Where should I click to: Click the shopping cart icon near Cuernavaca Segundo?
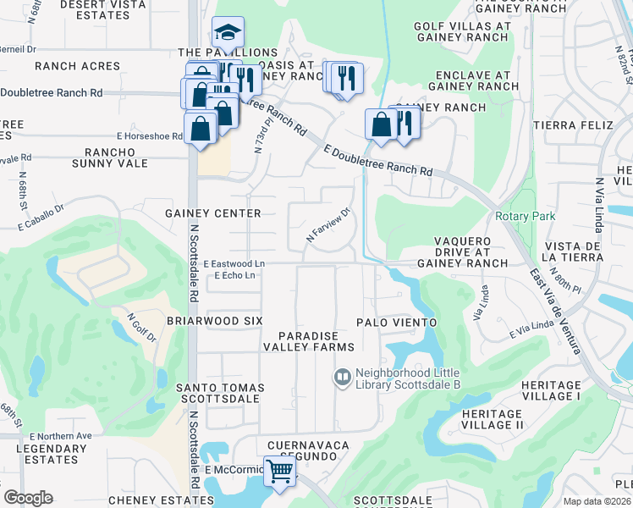pos(279,471)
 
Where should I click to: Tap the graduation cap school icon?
pos(228,33)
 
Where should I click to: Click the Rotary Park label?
pos(526,216)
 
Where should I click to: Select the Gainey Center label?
pos(213,213)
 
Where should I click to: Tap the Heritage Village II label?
pos(493,419)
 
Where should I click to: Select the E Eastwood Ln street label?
pos(234,264)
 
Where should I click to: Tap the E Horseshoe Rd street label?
pos(150,135)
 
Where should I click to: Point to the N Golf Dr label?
pos(142,329)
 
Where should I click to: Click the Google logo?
pos(28,498)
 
